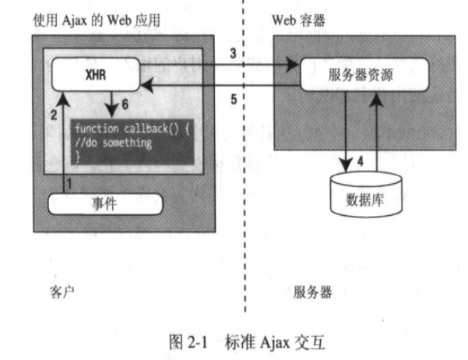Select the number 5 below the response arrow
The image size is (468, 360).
click(x=232, y=99)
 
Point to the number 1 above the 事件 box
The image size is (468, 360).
click(x=69, y=183)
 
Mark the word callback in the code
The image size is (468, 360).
click(x=144, y=130)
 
